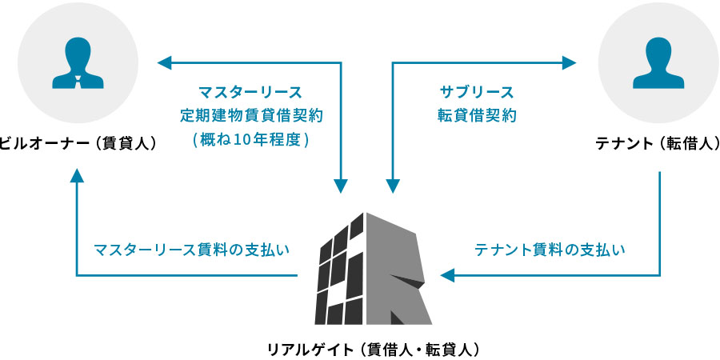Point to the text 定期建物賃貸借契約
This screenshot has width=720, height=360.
click(x=250, y=114)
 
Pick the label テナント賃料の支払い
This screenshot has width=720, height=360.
click(x=550, y=249)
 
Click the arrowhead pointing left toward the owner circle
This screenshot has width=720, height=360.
click(x=164, y=61)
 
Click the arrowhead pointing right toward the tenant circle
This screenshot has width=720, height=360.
click(x=570, y=61)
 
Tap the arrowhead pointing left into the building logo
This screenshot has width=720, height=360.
click(x=446, y=275)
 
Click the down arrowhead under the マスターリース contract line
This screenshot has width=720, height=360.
click(x=342, y=186)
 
